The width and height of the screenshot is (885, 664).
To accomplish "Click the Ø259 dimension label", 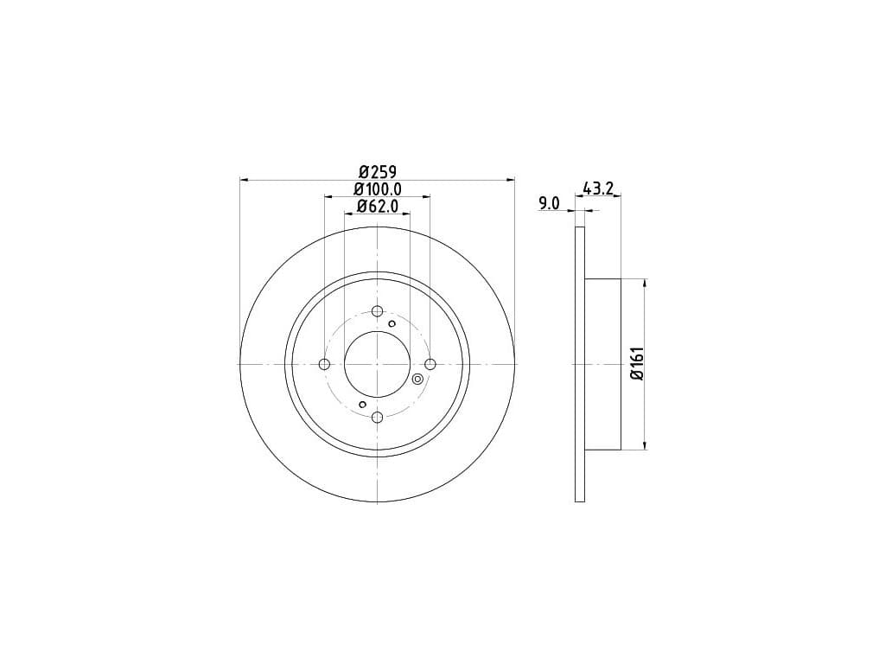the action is click(378, 171).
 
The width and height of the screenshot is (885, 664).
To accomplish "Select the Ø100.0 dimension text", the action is click(378, 189).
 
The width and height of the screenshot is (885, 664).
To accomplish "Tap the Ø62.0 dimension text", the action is click(378, 206).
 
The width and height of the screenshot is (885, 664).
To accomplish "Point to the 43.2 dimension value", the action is click(598, 188).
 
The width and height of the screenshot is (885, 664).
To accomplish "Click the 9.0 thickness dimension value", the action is click(549, 203).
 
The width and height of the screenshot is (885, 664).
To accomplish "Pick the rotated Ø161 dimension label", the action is click(637, 364).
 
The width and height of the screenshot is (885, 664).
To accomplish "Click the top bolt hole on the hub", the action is click(378, 311).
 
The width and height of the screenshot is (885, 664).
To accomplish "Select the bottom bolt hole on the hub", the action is click(378, 418).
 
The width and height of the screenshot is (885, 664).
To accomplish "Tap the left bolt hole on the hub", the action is click(325, 364).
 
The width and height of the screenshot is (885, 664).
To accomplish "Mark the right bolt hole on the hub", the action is click(430, 364).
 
